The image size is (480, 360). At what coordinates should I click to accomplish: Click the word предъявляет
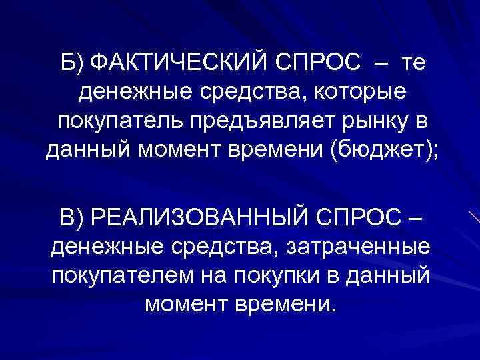[257, 123]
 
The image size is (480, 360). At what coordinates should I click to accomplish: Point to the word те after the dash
[411, 64]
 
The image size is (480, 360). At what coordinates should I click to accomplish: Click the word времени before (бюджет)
[289, 153]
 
